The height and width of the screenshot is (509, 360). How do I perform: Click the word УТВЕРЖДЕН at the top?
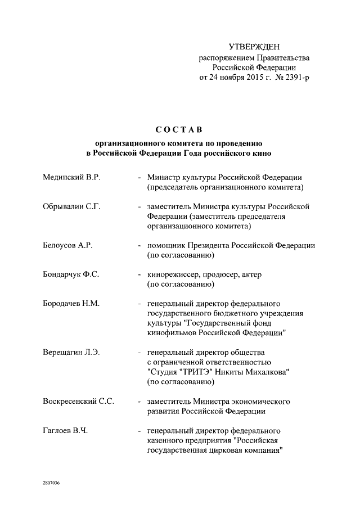(254, 46)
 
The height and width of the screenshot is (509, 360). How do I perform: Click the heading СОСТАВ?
(179, 131)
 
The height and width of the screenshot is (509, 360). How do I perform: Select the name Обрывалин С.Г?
(71, 206)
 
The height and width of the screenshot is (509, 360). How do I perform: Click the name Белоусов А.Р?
(67, 246)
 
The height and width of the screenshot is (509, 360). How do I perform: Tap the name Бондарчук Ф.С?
(71, 275)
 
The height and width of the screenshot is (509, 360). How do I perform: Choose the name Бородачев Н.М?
(71, 304)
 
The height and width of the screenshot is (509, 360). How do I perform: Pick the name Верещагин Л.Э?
(71, 353)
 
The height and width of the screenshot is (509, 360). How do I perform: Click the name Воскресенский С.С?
(79, 402)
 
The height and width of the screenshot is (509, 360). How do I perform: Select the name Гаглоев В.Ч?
(65, 431)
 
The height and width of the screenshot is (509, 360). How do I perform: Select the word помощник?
(166, 246)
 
